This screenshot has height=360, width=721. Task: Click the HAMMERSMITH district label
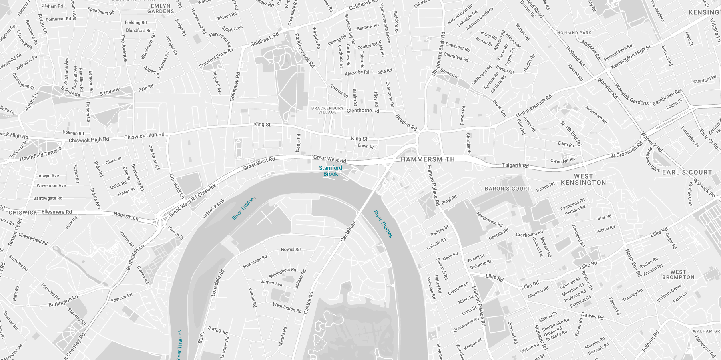pos(428,159)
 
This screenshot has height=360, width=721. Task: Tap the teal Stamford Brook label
pos(331,171)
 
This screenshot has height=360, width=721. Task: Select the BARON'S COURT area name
pos(508,189)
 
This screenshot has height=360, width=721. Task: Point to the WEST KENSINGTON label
pos(584,179)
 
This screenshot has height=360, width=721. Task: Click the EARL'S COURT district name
pos(687,172)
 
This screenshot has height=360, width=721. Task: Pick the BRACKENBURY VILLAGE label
pos(327,110)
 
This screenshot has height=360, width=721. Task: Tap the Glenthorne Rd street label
pos(363,111)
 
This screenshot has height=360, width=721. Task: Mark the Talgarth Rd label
pos(515,165)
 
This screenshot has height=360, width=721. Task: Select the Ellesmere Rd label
pos(57,212)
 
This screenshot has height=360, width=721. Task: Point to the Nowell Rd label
pos(291,249)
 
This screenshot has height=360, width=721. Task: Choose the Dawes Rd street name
pos(592,316)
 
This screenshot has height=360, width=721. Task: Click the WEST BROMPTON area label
pos(678,275)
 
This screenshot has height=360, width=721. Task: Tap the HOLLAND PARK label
pos(574,33)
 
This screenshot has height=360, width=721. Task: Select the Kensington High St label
pos(631,57)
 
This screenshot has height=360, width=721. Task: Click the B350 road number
pos(201,338)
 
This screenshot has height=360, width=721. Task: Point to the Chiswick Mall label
pos(213,209)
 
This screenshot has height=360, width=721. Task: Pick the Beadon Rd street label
pos(406,122)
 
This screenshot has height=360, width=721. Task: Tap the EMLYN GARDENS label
pos(161,9)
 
